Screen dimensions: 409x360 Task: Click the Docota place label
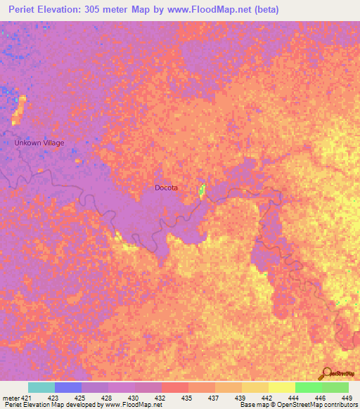coord(167,188)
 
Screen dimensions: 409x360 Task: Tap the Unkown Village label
coord(39,143)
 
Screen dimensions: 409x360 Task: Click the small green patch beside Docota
coord(202,190)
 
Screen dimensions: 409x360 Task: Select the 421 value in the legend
coord(27,397)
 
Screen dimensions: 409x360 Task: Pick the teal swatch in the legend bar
coord(41,387)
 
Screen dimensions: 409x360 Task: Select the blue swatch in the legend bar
coord(68,387)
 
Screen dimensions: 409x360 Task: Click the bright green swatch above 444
coord(308,387)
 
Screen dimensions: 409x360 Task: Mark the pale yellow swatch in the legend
coord(281,387)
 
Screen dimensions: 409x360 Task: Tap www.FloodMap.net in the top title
coord(215,10)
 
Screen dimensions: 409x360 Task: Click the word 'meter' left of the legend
coord(11,397)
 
